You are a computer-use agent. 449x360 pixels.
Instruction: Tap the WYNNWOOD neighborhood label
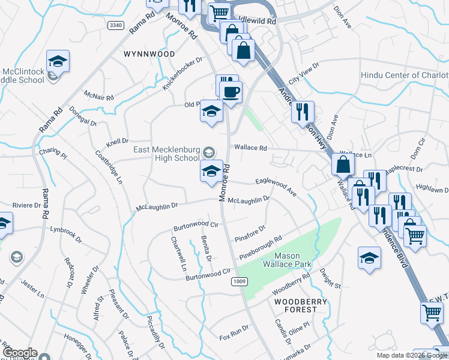pos(149,54)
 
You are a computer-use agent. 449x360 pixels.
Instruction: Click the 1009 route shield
pos(240,281)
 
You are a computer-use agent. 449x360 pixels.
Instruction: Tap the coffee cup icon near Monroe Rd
pos(231,92)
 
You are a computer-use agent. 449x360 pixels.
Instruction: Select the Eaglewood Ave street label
pos(276,185)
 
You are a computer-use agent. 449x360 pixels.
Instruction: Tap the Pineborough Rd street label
pos(261,248)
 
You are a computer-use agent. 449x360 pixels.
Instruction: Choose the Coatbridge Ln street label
pos(109,166)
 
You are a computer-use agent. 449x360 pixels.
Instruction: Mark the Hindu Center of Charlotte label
pos(404,76)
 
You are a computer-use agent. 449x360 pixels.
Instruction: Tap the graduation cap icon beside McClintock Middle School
pos(58,61)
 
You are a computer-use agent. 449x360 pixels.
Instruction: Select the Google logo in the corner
pos(20,353)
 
